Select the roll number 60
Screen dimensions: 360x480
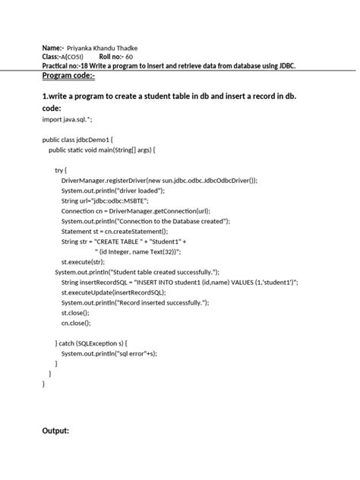[129, 56]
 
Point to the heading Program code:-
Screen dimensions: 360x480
[69, 77]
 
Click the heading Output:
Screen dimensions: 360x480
[55, 431]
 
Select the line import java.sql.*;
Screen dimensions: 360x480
[68, 119]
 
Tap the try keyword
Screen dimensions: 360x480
[61, 171]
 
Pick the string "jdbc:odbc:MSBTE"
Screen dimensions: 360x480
[128, 201]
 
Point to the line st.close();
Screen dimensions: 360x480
[75, 312]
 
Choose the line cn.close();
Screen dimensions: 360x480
[75, 322]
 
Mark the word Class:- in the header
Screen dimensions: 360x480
[55, 56]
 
